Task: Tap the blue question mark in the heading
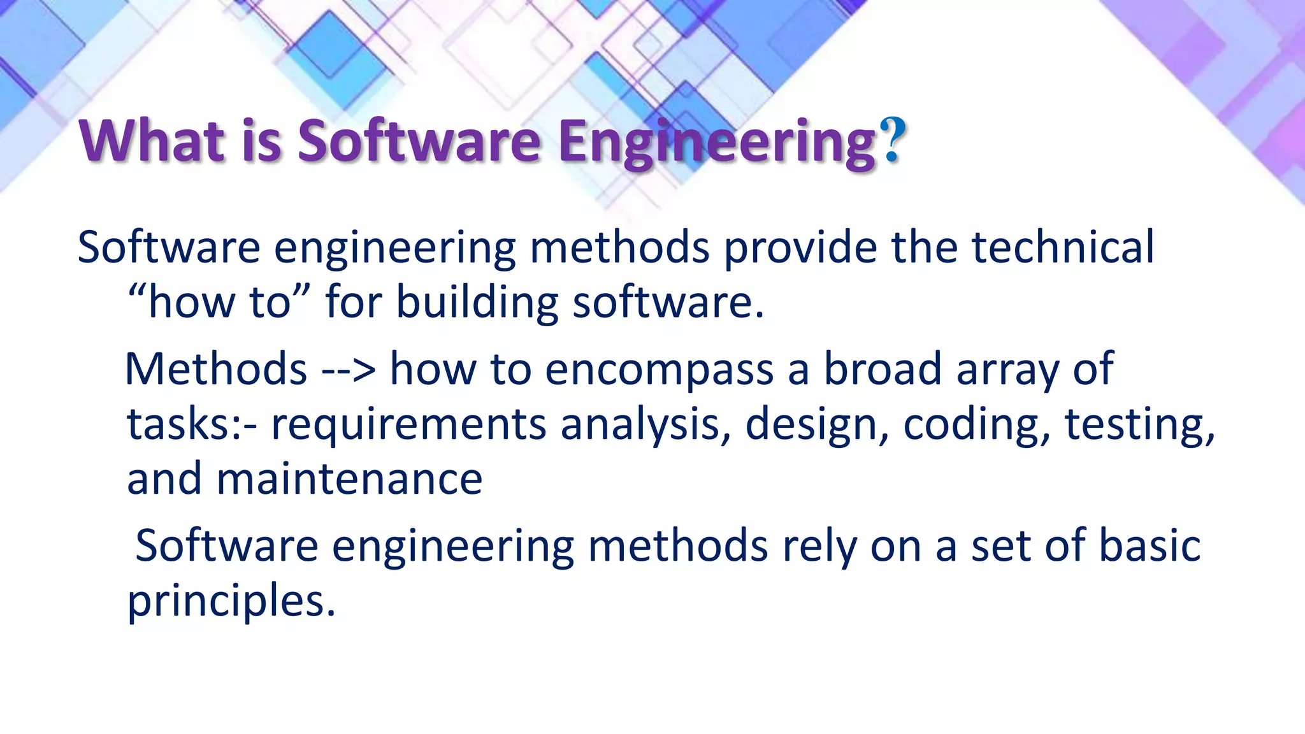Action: click(893, 141)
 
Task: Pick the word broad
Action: click(883, 369)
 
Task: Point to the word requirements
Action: click(408, 426)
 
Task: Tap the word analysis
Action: click(645, 426)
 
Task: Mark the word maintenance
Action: click(349, 479)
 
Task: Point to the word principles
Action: click(231, 601)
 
